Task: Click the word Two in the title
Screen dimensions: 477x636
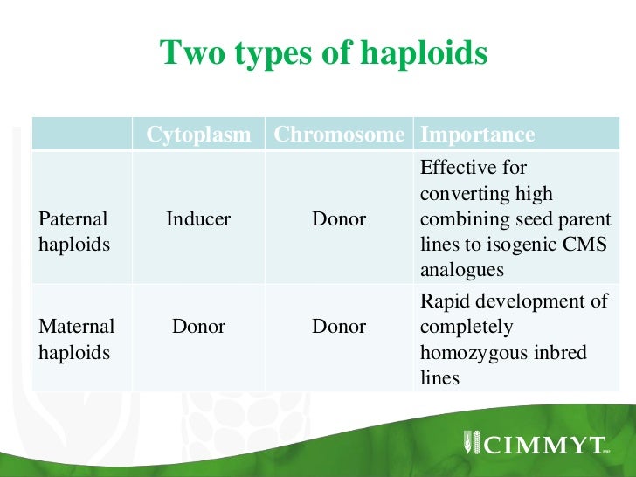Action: pyautogui.click(x=189, y=54)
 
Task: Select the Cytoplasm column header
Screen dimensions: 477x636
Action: pyautogui.click(x=198, y=135)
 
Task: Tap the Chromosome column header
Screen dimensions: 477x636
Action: pyautogui.click(x=339, y=135)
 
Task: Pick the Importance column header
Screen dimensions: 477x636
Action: pyautogui.click(x=477, y=135)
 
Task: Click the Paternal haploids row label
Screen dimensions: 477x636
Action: pyautogui.click(x=74, y=232)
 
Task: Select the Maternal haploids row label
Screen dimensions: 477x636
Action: pyautogui.click(x=77, y=340)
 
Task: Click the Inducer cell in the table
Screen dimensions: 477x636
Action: pyautogui.click(x=198, y=219)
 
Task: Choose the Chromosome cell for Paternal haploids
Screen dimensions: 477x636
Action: pyautogui.click(x=339, y=219)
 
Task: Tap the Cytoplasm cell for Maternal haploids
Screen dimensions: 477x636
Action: pyautogui.click(x=198, y=328)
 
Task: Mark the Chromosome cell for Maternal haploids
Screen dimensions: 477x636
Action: pyautogui.click(x=339, y=328)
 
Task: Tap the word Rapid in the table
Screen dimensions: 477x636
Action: pyautogui.click(x=445, y=301)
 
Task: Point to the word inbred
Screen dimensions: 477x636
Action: pyautogui.click(x=563, y=353)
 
